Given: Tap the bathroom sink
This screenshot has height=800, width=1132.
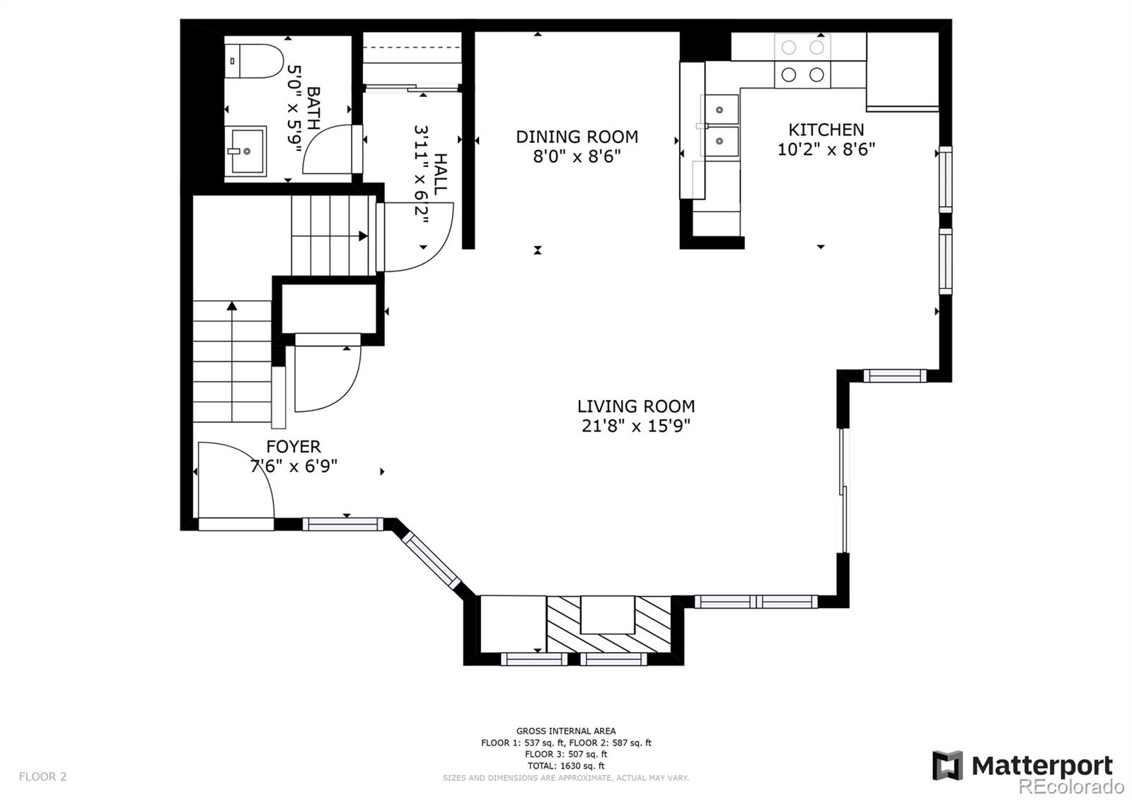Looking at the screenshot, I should coord(246,151).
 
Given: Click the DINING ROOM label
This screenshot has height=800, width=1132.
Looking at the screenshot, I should coord(577,137).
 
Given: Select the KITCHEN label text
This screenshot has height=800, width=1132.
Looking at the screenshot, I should coord(826,130).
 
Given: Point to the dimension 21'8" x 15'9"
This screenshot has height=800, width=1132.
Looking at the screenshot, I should coord(635,426).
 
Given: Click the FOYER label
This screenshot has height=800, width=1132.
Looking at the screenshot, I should coord(294,447).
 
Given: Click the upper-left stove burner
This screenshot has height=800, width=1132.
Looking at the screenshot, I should coord(788,48).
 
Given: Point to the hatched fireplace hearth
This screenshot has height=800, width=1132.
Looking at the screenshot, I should coord(608,624).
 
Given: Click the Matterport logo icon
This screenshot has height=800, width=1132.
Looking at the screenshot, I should coord(947,765).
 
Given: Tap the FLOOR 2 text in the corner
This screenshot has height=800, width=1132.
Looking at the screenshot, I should coord(42,777).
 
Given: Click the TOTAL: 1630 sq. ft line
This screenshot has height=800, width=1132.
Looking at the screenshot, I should coord(565,766).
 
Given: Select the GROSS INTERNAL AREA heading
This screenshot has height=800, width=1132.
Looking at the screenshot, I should coord(565,731).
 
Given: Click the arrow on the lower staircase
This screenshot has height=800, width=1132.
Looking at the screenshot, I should coord(232,307).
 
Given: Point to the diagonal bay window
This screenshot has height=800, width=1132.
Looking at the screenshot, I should coord(432,561).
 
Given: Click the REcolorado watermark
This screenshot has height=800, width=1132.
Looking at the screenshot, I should coord(1071,787).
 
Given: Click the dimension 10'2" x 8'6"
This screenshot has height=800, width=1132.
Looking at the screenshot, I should coord(826,149).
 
